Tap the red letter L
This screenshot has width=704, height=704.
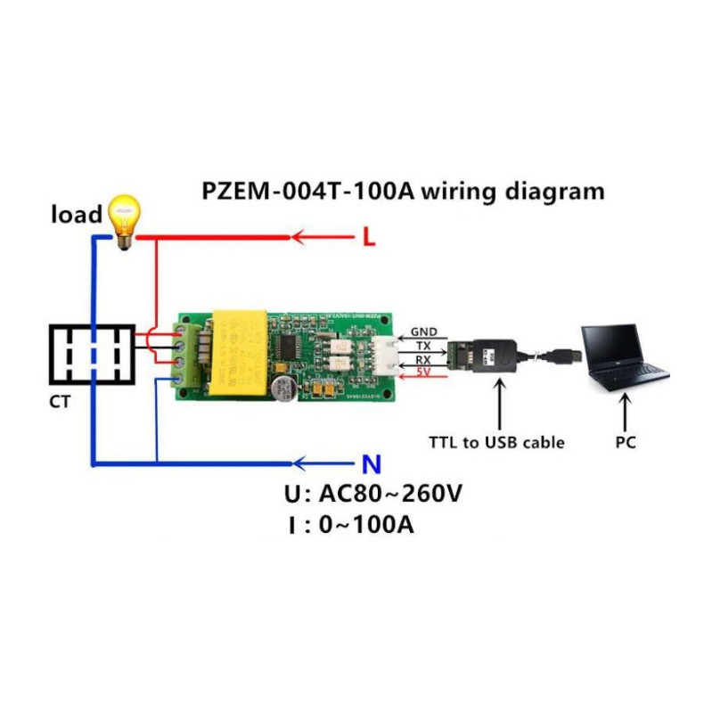pos(368,238)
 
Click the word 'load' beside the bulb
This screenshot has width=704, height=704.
pos(77,215)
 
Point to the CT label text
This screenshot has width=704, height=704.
pos(61,401)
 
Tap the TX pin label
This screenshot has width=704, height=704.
pos(423,345)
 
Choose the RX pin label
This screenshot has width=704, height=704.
pos(423,358)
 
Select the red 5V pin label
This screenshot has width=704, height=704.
pos(423,372)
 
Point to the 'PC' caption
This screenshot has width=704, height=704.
pos(626,441)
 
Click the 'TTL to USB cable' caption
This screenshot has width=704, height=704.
pos(496,442)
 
